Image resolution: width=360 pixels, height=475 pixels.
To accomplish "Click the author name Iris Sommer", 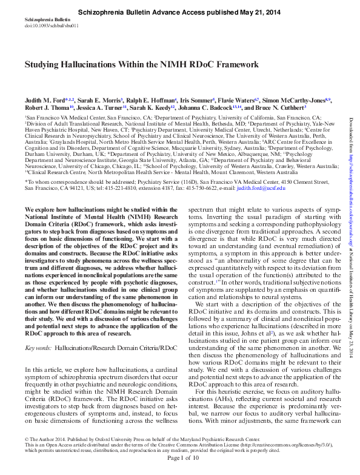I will (195, 99).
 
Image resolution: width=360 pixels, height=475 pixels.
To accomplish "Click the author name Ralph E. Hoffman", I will (151, 99).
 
